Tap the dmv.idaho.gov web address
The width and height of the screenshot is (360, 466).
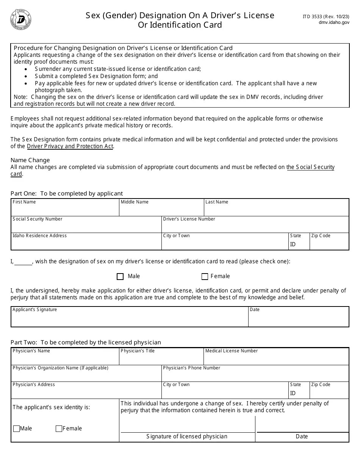(334, 23)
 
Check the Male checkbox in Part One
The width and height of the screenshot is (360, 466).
(120, 277)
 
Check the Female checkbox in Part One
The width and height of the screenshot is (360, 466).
(205, 277)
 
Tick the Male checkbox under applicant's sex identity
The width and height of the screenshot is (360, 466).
(16, 429)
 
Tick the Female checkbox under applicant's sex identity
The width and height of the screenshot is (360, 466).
(59, 429)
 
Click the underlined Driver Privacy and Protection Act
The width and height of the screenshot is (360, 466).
(70, 146)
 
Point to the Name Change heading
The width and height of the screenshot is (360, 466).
(30, 160)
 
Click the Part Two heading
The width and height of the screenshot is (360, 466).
(86, 342)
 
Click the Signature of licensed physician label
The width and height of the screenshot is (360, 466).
(187, 436)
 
